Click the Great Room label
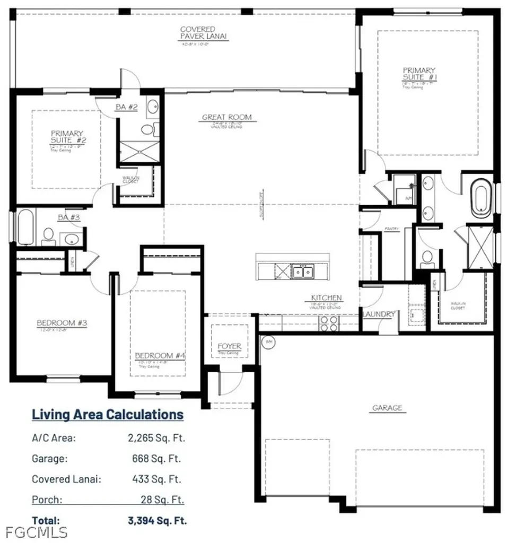pyautogui.click(x=226, y=117)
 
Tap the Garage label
pyautogui.click(x=387, y=408)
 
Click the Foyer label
pyautogui.click(x=230, y=346)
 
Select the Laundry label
pyautogui.click(x=379, y=314)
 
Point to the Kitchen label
pyautogui.click(x=326, y=298)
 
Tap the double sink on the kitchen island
pyautogui.click(x=304, y=271)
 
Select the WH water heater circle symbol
pyautogui.click(x=268, y=341)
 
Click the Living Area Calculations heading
pyautogui.click(x=108, y=414)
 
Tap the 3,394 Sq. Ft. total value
pyautogui.click(x=158, y=520)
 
